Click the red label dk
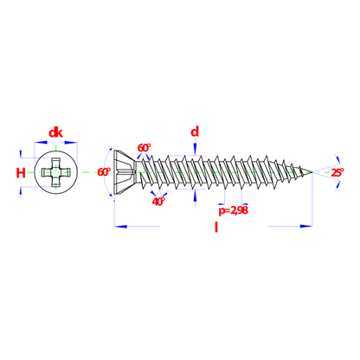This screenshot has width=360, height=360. [55, 133]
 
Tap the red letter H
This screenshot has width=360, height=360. [21, 173]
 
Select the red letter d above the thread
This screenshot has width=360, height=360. [195, 132]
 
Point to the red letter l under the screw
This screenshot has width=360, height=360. [216, 227]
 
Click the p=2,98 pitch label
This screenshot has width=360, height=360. [233, 210]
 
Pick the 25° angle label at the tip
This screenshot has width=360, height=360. [337, 172]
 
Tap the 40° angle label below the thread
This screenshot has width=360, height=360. [158, 202]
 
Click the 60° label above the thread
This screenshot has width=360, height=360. [144, 148]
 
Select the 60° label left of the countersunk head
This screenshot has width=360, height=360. [104, 172]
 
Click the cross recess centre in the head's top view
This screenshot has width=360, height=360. [55, 172]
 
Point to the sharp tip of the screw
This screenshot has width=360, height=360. [312, 172]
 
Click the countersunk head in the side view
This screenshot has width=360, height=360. [125, 172]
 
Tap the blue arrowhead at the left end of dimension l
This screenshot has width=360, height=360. [120, 227]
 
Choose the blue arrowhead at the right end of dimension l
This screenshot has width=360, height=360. [306, 226]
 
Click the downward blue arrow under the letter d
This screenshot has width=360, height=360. [195, 149]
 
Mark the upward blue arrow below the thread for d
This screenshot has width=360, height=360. [195, 196]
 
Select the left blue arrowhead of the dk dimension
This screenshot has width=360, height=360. [41, 142]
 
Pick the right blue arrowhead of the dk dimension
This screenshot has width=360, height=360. [71, 142]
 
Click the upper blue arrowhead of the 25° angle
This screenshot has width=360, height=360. [337, 159]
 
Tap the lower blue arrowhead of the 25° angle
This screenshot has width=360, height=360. [337, 186]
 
